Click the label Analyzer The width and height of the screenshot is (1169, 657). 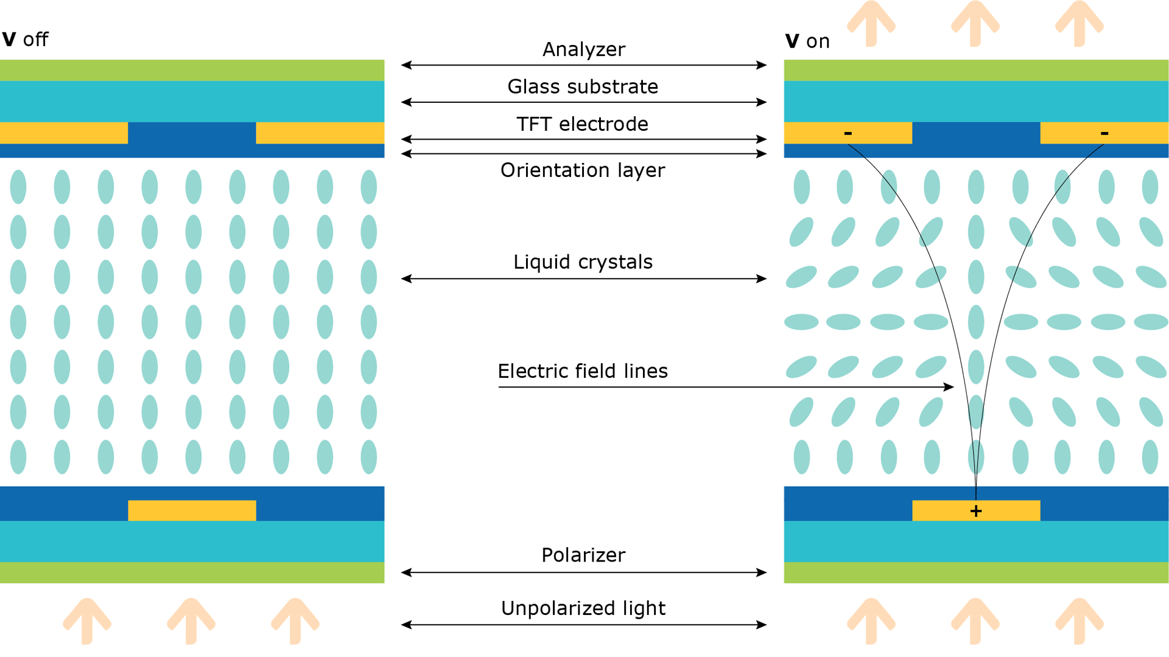pos(583,49)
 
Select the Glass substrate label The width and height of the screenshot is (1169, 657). pos(583,86)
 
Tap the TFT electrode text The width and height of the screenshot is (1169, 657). pos(582,124)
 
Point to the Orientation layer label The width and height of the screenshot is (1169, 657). pos(583,170)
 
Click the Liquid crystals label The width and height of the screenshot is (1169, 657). pos(583,262)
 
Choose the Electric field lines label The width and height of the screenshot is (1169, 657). pos(583,371)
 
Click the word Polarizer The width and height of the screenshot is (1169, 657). pos(583,555)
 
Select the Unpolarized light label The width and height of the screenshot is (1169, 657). pos(583,608)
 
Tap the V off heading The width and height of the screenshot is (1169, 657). pos(25,40)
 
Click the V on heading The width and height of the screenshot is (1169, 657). pos(807,41)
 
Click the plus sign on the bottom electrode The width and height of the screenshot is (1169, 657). pos(976,511)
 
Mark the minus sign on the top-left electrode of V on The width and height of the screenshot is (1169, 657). pos(848,133)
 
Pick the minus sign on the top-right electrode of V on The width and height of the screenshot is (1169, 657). pos(1104,133)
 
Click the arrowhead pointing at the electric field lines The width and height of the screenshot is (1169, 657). pos(949,387)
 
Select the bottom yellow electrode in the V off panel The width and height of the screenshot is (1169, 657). pos(192,510)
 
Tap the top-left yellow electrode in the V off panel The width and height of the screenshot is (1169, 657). pos(64,133)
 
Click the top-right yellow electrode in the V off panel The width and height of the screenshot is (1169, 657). pos(320,133)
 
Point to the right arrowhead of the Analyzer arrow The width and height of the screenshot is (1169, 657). pos(762,65)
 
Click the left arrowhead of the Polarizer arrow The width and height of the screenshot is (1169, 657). pos(407,572)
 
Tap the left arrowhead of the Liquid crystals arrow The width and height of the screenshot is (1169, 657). pos(407,279)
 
